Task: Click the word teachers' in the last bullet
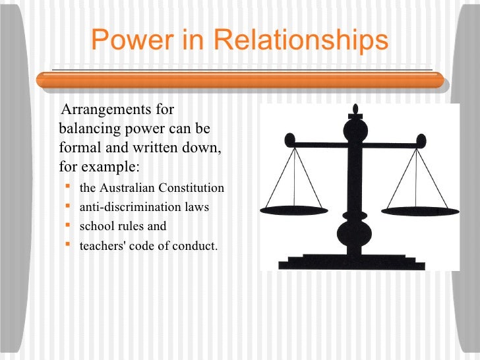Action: pyautogui.click(x=100, y=246)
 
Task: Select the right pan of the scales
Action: pyautogui.click(x=415, y=210)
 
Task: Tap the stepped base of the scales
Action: pyautogui.click(x=356, y=262)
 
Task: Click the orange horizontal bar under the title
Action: pyautogui.click(x=240, y=80)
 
